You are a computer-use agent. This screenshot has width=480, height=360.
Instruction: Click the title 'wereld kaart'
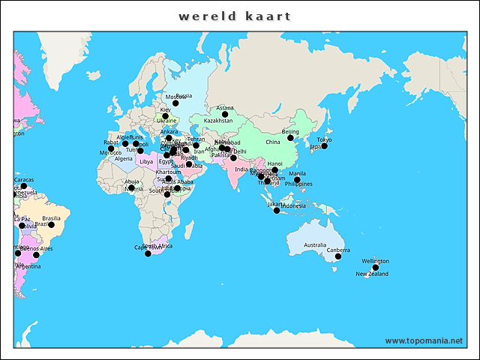point(235,16)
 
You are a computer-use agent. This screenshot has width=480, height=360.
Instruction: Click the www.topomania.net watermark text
point(424,340)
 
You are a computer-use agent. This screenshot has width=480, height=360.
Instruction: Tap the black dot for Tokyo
point(325,145)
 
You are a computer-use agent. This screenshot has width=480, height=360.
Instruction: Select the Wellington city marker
point(376,267)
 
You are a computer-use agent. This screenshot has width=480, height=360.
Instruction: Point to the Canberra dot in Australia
point(338,256)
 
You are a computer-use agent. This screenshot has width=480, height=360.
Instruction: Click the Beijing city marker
point(291,137)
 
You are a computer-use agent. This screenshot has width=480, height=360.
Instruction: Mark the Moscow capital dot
point(176,103)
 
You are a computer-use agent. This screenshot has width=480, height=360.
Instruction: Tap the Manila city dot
point(297,179)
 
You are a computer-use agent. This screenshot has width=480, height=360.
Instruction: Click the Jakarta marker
point(277,210)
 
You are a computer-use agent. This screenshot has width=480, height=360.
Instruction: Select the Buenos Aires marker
point(36,255)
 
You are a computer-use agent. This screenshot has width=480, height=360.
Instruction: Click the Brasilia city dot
point(51,224)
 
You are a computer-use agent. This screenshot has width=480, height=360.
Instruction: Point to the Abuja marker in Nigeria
point(131,187)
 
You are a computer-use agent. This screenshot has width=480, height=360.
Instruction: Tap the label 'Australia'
point(315,245)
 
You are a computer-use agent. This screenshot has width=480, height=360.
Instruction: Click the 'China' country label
point(272,142)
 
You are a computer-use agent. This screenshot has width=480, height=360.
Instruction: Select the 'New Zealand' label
point(372,274)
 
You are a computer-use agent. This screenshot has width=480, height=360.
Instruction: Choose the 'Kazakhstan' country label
point(218,121)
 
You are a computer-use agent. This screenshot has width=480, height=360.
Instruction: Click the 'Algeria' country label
point(124,159)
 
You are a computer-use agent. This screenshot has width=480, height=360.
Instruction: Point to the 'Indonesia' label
point(292,206)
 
